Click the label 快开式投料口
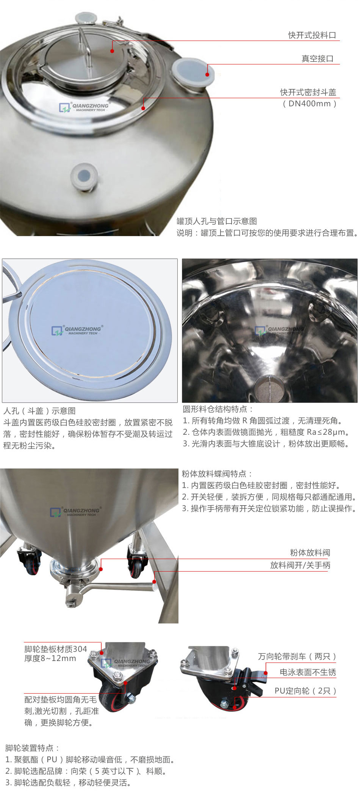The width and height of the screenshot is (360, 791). [x=312, y=35]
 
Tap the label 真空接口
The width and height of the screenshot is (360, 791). [x=317, y=59]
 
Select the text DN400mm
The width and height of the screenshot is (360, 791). [x=310, y=104]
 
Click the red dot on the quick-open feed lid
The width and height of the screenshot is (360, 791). [x=112, y=51]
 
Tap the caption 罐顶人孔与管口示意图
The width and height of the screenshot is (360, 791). [x=217, y=221]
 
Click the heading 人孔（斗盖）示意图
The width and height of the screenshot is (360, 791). [x=39, y=411]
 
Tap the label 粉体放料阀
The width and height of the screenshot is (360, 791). [x=310, y=553]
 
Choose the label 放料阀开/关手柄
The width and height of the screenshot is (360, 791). [x=300, y=565]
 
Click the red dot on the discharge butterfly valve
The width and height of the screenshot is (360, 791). [x=101, y=569]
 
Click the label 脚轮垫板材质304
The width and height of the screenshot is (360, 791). [x=56, y=649]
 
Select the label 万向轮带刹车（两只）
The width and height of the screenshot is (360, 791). [x=297, y=656]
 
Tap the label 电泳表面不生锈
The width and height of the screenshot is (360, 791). [x=308, y=672]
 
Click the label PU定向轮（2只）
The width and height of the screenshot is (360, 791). [x=305, y=691]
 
